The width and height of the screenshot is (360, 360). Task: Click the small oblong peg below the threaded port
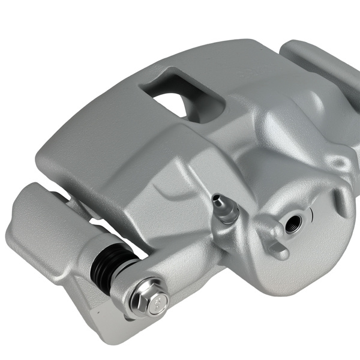pos(278,250)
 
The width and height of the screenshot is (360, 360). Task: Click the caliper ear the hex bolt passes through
pos(180,282)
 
